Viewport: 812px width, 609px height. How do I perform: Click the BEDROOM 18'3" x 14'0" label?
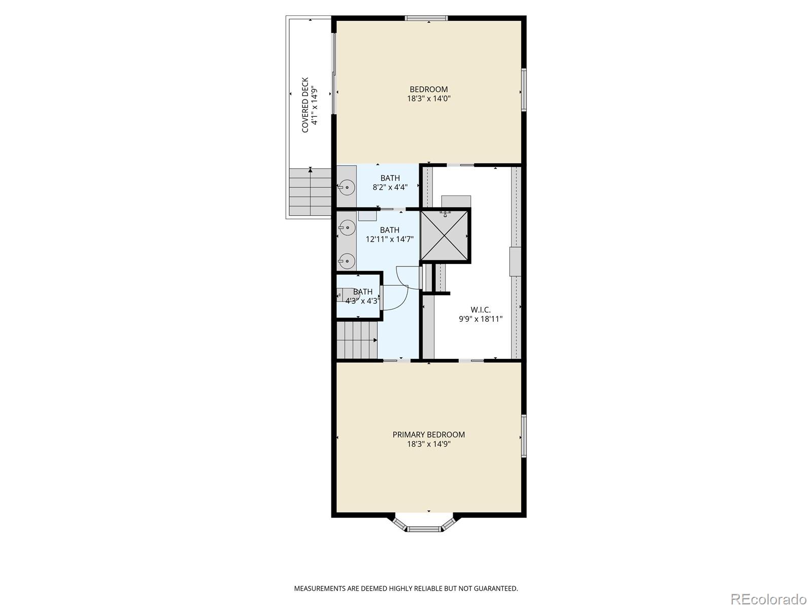point(429,94)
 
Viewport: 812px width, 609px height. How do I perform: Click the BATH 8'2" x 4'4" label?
point(390,182)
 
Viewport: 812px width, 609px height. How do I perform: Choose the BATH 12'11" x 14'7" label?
point(389,234)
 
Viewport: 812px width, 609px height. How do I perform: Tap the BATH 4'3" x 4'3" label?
point(362,296)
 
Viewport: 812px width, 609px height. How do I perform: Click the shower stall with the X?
point(444,236)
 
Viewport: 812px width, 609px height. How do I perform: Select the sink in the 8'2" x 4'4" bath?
point(347,187)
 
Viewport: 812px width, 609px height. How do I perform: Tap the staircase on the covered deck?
point(310,192)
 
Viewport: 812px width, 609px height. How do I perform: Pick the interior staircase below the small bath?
point(357,340)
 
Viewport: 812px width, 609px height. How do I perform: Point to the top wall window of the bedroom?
point(426,18)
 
